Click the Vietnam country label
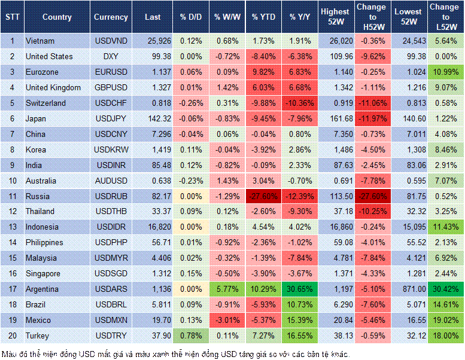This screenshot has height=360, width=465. pyautogui.click(x=40, y=41)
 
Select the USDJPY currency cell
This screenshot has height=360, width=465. pyautogui.click(x=110, y=118)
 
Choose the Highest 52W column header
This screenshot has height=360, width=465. pyautogui.click(x=335, y=17)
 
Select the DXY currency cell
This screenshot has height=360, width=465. pyautogui.click(x=110, y=56)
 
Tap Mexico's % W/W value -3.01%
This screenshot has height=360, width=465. pyautogui.click(x=226, y=321)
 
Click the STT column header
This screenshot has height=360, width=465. pyautogui.click(x=12, y=17)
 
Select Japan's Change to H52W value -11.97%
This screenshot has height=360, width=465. pyautogui.click(x=371, y=118)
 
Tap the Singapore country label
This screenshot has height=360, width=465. pyautogui.click(x=44, y=274)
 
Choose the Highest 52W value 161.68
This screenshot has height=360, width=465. pyautogui.click(x=335, y=118)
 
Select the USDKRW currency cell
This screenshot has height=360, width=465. pyautogui.click(x=110, y=150)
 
